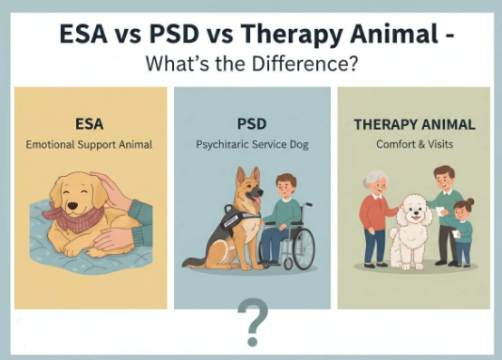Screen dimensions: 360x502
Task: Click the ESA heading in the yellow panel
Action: (91, 122)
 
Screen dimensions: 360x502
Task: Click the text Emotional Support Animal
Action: (91, 143)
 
